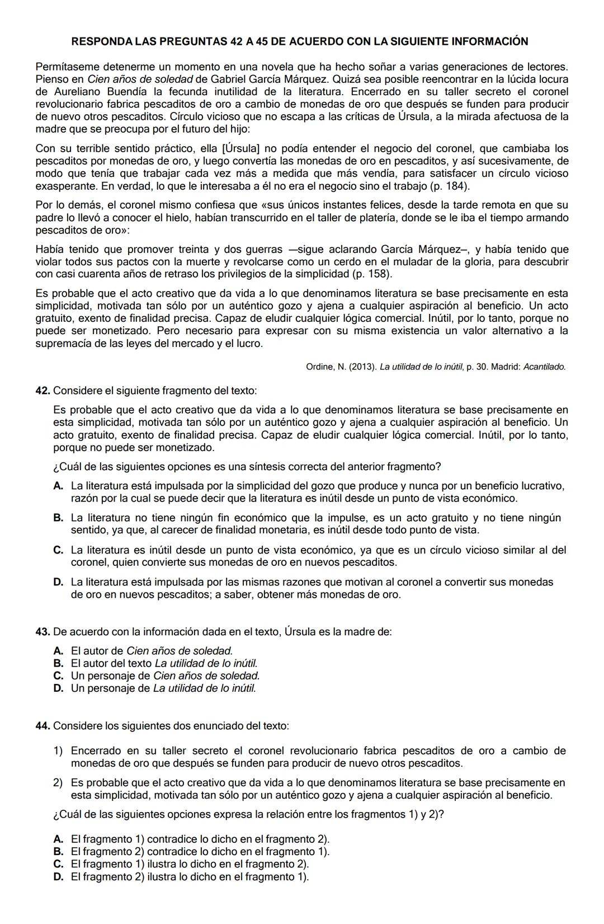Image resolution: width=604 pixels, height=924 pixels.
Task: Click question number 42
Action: click(x=43, y=390)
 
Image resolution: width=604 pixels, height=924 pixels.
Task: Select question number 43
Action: click(x=43, y=632)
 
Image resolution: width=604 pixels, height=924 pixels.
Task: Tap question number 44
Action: click(x=43, y=726)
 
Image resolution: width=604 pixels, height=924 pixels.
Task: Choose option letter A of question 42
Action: click(x=58, y=486)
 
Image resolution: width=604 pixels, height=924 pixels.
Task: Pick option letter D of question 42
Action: click(x=58, y=582)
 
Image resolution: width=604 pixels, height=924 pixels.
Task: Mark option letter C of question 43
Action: click(x=58, y=676)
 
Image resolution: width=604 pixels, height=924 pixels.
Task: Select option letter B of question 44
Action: click(x=58, y=851)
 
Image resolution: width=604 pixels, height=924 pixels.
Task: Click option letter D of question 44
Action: click(x=58, y=876)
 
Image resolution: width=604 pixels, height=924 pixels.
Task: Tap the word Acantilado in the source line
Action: click(x=544, y=367)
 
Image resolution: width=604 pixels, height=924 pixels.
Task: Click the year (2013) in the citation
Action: click(x=362, y=367)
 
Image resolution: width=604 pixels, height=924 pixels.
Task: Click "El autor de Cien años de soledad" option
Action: click(x=152, y=651)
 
